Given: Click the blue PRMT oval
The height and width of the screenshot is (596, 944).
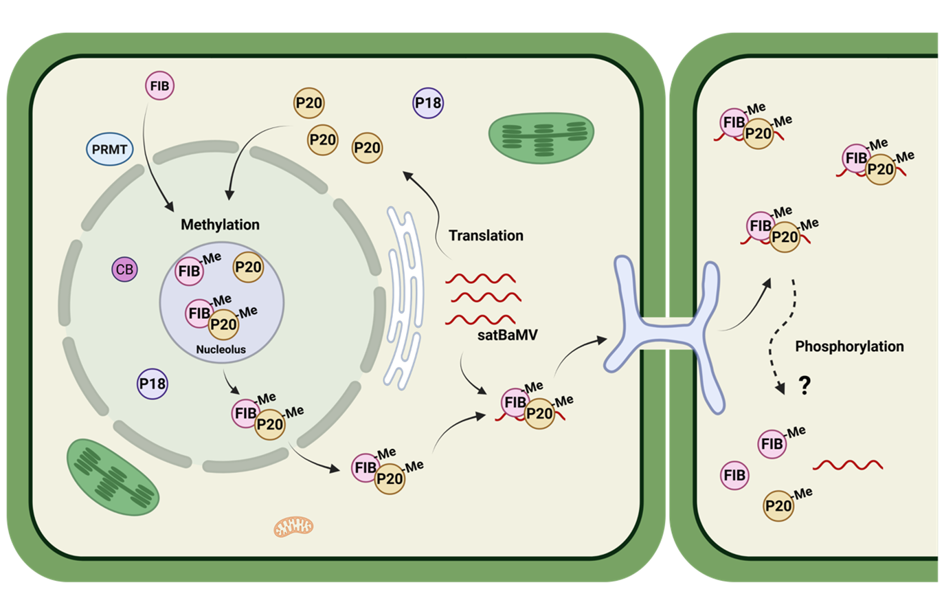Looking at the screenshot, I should point(111,149).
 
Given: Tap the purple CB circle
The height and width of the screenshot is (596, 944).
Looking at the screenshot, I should point(124,269).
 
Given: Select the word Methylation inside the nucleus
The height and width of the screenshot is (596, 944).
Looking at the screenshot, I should point(220,225).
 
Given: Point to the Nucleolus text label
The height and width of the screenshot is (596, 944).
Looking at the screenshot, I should point(221,349).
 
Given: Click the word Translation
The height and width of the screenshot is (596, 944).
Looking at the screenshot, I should point(486,236).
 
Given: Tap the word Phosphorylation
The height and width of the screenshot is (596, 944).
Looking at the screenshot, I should point(849,346).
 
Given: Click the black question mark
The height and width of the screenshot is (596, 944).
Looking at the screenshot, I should point(802,387).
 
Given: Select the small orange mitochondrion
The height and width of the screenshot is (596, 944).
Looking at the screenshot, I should point(294,527).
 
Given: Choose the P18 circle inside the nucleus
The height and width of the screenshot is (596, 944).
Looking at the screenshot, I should point(153,384).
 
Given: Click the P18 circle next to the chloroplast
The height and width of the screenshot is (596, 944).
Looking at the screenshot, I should point(427,104).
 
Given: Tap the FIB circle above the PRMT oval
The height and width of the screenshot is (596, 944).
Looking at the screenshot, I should point(161,87).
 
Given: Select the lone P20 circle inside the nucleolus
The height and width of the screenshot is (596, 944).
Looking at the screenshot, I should point(248,267).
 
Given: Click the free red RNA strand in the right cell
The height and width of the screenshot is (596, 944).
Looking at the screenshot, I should point(847,465).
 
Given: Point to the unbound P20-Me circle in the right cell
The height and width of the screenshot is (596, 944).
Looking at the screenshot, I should point(778,507).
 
